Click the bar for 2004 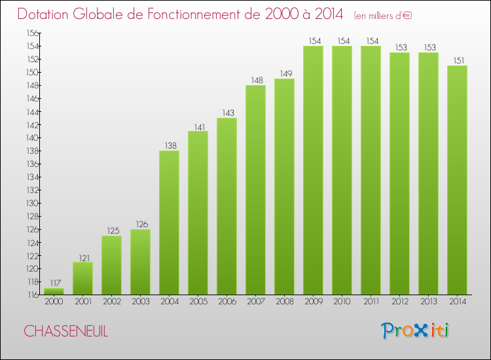(x=169, y=223)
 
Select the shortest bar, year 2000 (x=54, y=291)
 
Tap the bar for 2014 (x=457, y=180)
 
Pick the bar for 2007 (x=255, y=190)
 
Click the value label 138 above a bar (x=171, y=145)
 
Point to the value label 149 (x=286, y=73)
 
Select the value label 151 (x=459, y=60)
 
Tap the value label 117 (x=56, y=283)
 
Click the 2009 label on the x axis (x=314, y=302)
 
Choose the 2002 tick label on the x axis (x=112, y=302)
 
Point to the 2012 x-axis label (x=400, y=302)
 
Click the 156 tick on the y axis (x=33, y=33)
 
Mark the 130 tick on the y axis (x=32, y=203)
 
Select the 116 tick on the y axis (x=33, y=295)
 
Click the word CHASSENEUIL (x=65, y=331)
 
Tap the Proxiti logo (x=415, y=331)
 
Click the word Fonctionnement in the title (x=203, y=14)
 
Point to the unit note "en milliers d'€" (x=383, y=16)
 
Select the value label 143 (x=228, y=113)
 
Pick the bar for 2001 (x=82, y=278)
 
